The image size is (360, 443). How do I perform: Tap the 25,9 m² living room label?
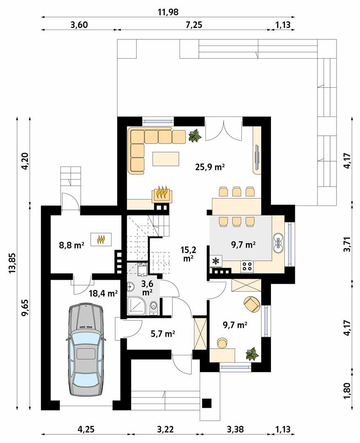210,167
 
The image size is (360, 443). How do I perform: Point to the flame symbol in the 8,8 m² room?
103,239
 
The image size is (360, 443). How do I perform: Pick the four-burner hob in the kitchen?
247,266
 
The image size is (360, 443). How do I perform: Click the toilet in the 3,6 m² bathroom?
153,307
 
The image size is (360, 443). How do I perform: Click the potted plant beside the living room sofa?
195,136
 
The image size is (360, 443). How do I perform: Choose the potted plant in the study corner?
252,354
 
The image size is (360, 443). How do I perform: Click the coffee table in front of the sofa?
166,159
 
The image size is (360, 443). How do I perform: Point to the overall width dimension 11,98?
168,12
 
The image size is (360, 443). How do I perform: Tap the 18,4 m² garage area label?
103,293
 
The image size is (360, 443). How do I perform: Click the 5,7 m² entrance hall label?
162,334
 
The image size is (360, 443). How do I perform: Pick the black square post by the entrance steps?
207,403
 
